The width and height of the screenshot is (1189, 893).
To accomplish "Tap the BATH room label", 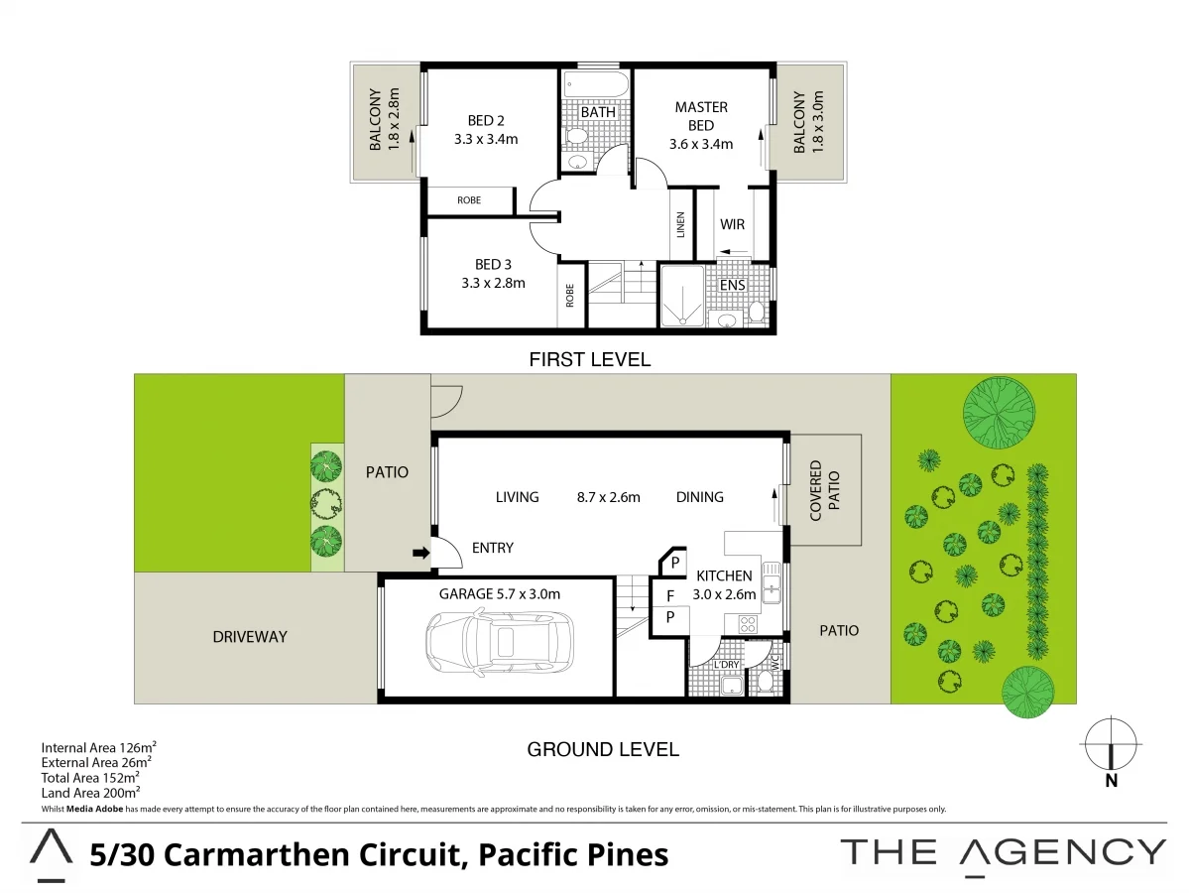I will click(598, 112).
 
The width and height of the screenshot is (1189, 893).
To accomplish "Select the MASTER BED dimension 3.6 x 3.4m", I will click(701, 144).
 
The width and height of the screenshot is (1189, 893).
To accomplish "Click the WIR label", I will click(732, 224).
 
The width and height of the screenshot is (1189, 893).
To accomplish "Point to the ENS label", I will click(732, 286).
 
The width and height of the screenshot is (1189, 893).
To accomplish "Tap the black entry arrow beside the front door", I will click(420, 554).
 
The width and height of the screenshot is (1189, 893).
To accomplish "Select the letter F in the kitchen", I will click(670, 596).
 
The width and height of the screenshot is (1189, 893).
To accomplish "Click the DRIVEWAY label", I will click(250, 636).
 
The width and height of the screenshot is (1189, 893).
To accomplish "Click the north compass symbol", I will click(1111, 744).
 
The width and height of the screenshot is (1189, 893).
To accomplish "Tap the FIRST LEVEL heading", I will click(590, 359).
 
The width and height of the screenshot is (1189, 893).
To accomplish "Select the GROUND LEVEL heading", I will click(603, 749).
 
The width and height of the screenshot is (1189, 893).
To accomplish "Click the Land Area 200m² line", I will click(90, 792).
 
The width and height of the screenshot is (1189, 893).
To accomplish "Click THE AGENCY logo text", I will click(1003, 851).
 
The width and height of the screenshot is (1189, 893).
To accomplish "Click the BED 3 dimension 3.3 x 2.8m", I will click(493, 283).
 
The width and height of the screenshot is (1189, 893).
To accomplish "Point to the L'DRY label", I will click(727, 665).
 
